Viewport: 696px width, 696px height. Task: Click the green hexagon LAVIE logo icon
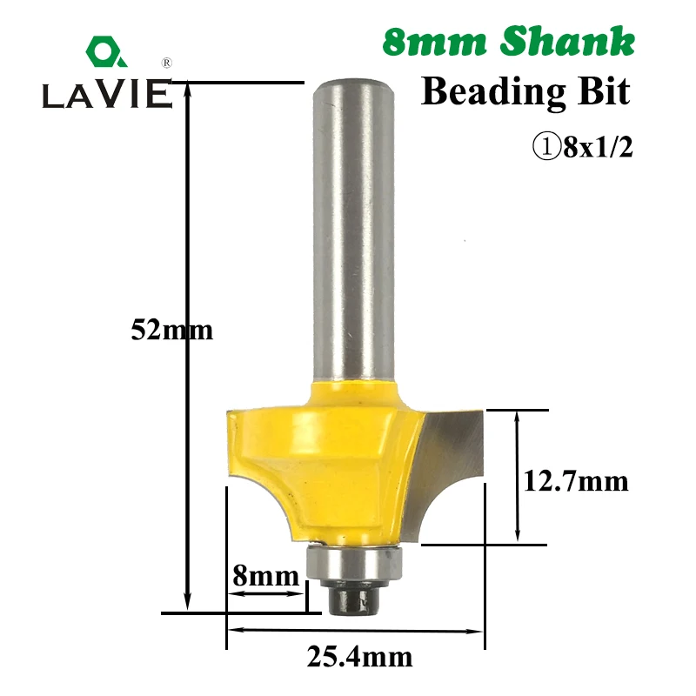[x=106, y=51]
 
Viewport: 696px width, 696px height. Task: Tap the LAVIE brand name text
[x=107, y=94]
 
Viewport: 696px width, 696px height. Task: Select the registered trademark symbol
[x=166, y=63]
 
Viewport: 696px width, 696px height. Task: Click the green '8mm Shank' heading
[x=509, y=42]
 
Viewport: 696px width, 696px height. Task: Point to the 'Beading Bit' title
[x=525, y=92]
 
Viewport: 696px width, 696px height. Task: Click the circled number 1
[x=547, y=147]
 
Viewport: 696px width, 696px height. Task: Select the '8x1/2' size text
[x=598, y=147]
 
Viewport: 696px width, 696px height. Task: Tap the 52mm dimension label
[x=171, y=331]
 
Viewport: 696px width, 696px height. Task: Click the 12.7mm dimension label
[x=576, y=481]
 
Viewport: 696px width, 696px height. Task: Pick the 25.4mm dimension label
[x=359, y=657]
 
